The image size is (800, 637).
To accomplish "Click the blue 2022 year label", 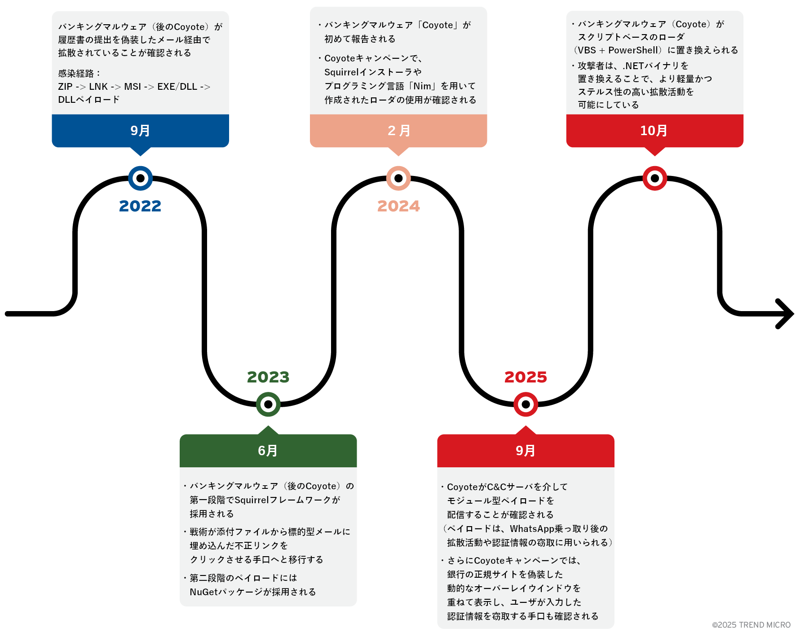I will click(140, 206).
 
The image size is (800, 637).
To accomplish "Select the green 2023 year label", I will click(268, 377).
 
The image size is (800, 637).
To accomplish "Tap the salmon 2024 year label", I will click(398, 206).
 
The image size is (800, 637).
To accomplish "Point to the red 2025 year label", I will click(526, 377).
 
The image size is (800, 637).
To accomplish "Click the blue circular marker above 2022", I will click(140, 178).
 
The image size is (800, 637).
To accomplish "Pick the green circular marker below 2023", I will click(268, 404).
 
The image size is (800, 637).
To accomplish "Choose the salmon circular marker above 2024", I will click(398, 178).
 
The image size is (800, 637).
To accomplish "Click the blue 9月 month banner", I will click(140, 131).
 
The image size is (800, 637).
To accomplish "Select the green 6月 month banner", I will click(268, 451).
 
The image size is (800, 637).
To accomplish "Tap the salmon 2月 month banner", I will click(398, 131).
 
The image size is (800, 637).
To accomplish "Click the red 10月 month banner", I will click(654, 131).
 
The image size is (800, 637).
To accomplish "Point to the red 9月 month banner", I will click(526, 451).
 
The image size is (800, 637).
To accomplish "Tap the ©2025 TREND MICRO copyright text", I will click(751, 625).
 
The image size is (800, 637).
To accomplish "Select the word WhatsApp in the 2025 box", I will click(532, 529).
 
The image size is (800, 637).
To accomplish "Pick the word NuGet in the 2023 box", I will click(203, 592).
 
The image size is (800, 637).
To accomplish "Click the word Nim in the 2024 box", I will click(422, 86).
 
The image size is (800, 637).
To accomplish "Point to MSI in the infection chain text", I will click(133, 87).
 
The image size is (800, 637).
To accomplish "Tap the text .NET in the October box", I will click(633, 66).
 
